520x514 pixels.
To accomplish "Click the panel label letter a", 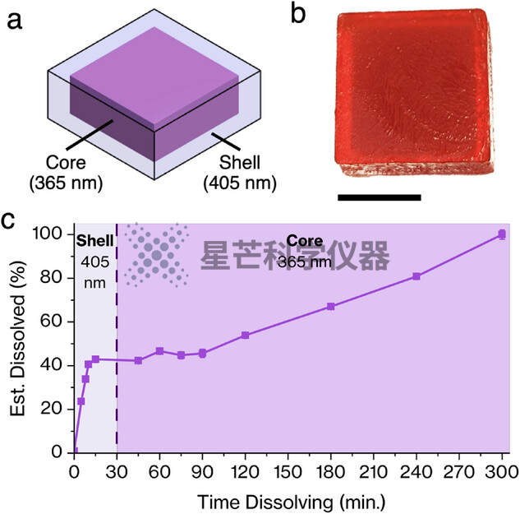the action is [14, 21].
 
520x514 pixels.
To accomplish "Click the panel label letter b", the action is [298, 15].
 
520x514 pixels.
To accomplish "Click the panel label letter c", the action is [8, 221].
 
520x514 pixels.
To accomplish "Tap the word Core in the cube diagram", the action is [66, 162].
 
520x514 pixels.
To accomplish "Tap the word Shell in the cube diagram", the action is [239, 162].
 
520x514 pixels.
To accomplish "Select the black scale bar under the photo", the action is [380, 197].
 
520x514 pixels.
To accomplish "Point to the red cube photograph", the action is [413, 91].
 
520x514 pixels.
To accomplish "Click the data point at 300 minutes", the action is [502, 234].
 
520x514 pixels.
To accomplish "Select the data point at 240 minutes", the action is [416, 276].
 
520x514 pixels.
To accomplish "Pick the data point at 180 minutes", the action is [330, 306].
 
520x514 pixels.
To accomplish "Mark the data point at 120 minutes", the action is [245, 336].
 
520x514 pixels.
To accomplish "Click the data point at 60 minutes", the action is [159, 351].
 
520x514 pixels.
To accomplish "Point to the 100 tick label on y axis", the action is [47, 234].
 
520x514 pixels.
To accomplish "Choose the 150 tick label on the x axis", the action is [288, 472].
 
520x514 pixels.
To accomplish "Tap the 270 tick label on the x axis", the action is [459, 472].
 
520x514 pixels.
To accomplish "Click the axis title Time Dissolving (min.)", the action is [292, 502].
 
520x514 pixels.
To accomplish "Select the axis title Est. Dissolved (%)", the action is [18, 338].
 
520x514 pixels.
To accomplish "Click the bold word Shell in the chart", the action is [94, 241].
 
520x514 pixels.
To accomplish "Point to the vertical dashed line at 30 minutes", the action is [117, 338].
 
